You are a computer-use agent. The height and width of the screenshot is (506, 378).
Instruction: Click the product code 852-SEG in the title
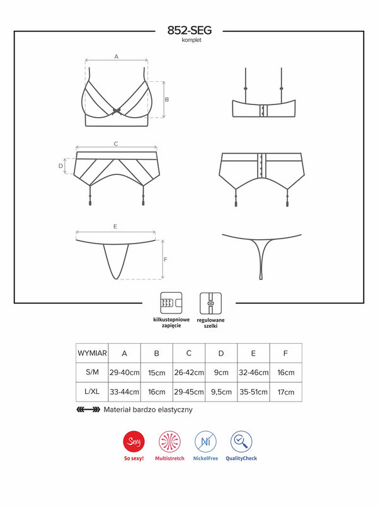[190, 30]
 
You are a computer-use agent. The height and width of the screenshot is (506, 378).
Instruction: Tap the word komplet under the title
[192, 40]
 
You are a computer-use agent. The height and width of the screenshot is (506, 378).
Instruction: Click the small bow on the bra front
[117, 111]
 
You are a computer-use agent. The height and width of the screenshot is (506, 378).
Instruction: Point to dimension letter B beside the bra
[167, 99]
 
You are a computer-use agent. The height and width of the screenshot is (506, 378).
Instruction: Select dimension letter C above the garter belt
[116, 144]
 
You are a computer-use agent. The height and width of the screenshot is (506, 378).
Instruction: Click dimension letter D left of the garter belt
[60, 166]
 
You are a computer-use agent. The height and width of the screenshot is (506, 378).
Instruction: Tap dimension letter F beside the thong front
[166, 259]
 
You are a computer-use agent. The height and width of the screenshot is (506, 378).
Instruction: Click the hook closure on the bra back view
[263, 111]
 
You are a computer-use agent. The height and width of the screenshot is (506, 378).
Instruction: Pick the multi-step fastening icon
[171, 303]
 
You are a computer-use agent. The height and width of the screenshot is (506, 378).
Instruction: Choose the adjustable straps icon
[210, 303]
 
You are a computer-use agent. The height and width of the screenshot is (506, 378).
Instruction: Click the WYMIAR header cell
[92, 353]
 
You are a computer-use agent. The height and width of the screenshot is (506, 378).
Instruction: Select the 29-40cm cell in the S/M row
[124, 373]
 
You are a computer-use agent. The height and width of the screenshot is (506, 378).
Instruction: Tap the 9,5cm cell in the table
[221, 392]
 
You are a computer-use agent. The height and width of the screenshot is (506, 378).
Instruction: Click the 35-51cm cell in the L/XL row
[254, 392]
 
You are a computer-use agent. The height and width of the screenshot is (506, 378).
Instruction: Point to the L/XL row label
[92, 391]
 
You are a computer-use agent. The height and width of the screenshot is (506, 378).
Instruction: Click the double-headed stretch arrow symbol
[88, 410]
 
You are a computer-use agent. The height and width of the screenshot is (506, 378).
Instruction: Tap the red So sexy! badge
[134, 441]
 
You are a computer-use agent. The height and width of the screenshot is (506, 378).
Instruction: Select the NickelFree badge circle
[205, 441]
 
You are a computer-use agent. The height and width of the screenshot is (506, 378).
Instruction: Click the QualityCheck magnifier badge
[241, 441]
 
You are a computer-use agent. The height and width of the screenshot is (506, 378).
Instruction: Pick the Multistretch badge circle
[169, 441]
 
